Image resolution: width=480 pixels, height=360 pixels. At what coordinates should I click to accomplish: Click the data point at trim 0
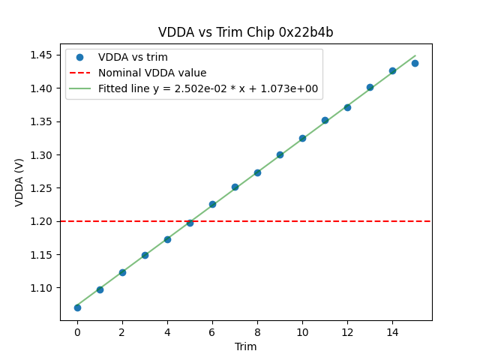[77, 307]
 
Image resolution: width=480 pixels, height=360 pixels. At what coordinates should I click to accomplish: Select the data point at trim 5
[190, 223]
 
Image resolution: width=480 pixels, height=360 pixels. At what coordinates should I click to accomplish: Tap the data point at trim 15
[415, 63]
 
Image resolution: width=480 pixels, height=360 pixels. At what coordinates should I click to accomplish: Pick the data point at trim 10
[302, 138]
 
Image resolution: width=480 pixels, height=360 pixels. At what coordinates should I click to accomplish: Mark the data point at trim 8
[257, 172]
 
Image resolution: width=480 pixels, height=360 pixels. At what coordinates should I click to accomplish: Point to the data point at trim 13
[370, 87]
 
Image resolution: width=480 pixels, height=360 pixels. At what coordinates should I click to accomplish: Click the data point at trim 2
[122, 272]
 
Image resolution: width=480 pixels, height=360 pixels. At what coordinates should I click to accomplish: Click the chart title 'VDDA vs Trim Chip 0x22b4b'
[245, 32]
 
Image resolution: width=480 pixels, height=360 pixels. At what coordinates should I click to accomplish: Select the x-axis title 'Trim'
[245, 346]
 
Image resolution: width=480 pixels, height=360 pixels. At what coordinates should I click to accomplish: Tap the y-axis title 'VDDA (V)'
[19, 182]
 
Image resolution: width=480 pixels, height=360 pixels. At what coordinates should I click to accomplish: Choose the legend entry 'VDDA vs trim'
[133, 57]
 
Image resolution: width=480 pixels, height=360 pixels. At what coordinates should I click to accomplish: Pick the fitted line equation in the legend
[208, 88]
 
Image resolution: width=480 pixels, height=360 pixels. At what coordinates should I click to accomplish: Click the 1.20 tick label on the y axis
[41, 221]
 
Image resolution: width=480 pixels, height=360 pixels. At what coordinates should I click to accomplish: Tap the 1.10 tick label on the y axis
[41, 288]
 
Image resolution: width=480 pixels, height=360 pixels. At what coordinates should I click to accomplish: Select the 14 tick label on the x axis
[392, 332]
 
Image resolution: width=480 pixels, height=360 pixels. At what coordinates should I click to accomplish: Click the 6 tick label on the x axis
[212, 332]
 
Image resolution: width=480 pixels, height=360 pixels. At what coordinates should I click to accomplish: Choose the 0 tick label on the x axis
[77, 332]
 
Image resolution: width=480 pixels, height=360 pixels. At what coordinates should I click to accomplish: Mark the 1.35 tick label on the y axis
[41, 121]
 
